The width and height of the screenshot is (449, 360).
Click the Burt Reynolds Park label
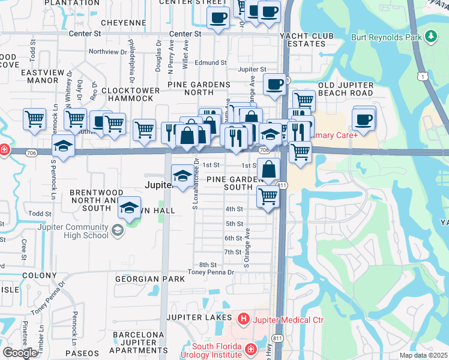click(387, 37)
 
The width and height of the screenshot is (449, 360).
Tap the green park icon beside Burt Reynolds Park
click(430, 37)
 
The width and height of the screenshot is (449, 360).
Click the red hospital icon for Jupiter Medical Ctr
click(243, 320)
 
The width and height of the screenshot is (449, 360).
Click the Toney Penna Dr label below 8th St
click(210, 272)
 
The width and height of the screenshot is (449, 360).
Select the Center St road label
click(185, 34)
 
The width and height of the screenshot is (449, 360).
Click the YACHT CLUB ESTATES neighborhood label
click(306, 40)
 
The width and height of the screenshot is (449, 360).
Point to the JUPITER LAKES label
click(199, 317)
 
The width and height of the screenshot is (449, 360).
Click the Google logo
click(20, 353)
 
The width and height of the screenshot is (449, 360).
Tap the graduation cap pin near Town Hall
click(128, 208)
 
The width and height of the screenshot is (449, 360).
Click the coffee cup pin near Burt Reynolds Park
click(364, 119)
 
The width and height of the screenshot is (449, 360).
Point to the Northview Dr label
click(108, 52)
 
